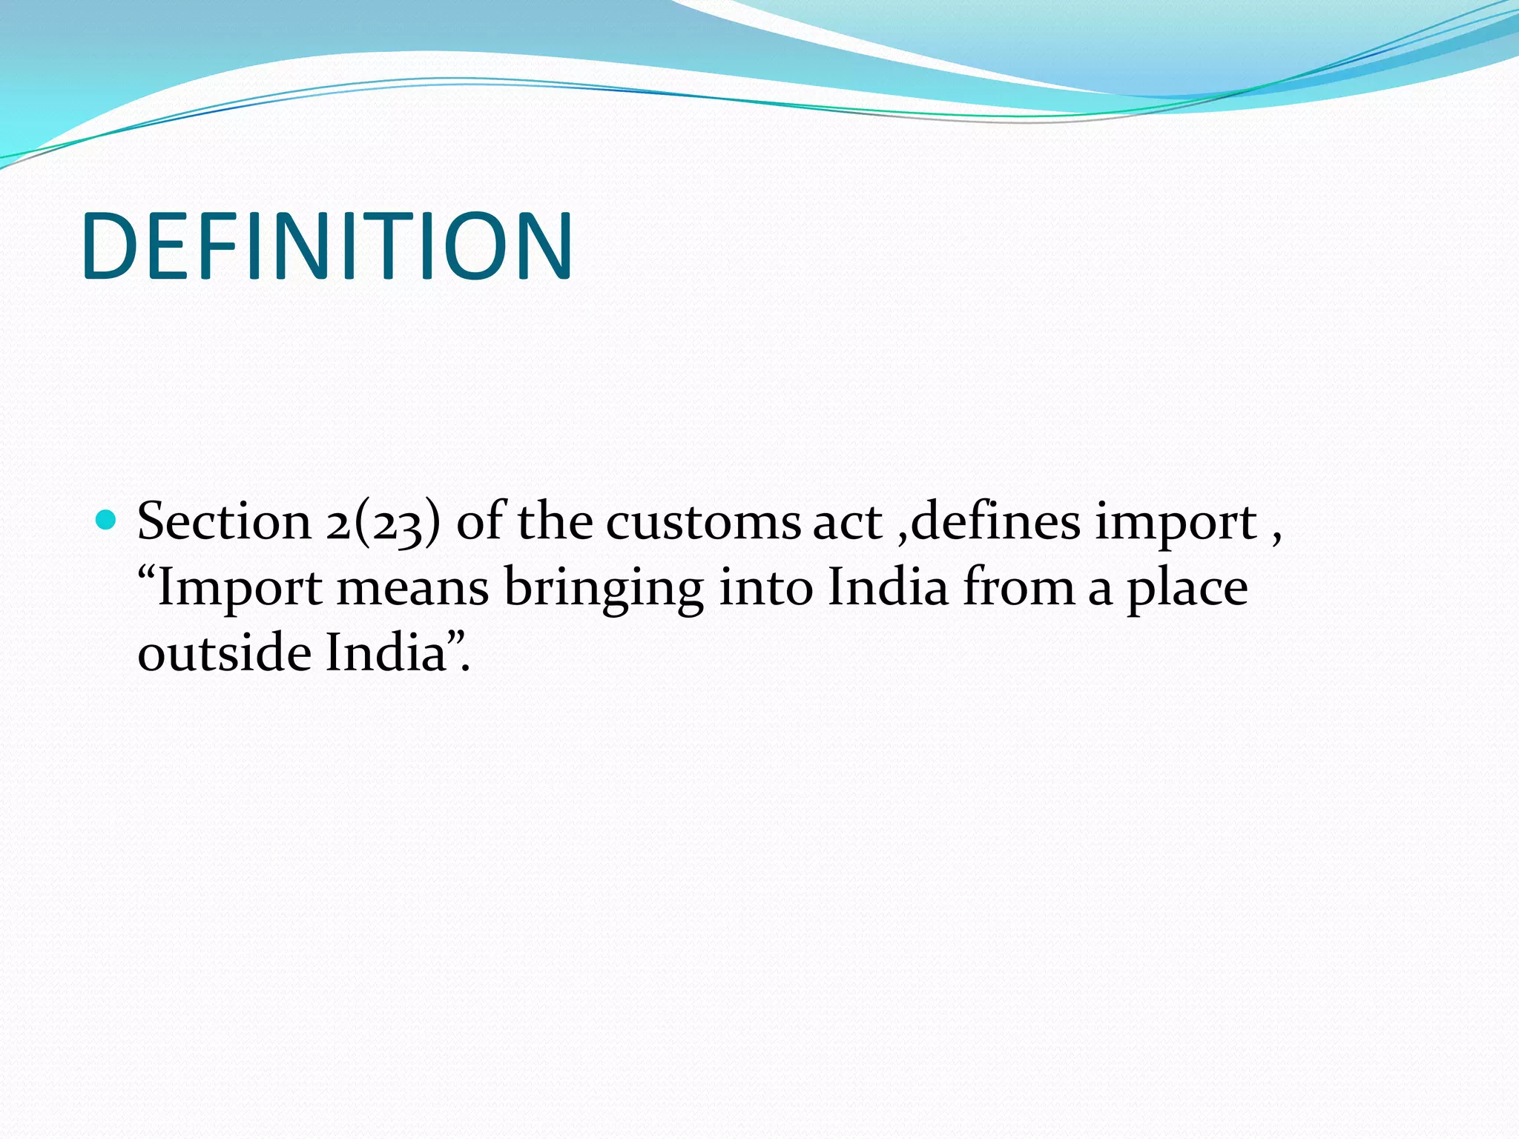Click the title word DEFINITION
(327, 246)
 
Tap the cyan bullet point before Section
(107, 519)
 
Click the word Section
(224, 521)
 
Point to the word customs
(703, 521)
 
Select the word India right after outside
(386, 653)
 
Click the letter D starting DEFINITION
(110, 246)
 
